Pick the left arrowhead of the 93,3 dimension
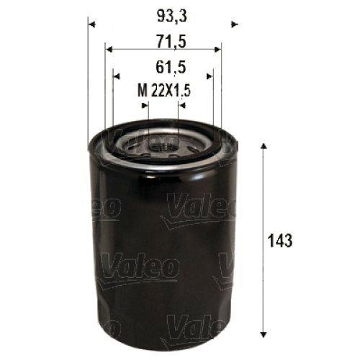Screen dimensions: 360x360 coord(91,24)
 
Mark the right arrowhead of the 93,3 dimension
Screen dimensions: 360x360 coord(233,24)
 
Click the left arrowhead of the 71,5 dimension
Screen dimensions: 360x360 coord(108,49)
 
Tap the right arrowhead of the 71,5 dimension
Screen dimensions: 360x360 coord(218,49)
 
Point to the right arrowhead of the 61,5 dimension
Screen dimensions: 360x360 coord(210,74)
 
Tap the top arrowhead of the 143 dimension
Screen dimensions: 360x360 coord(264,146)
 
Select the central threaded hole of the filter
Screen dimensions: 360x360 coord(162,146)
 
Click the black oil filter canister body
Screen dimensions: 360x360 coord(162,252)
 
